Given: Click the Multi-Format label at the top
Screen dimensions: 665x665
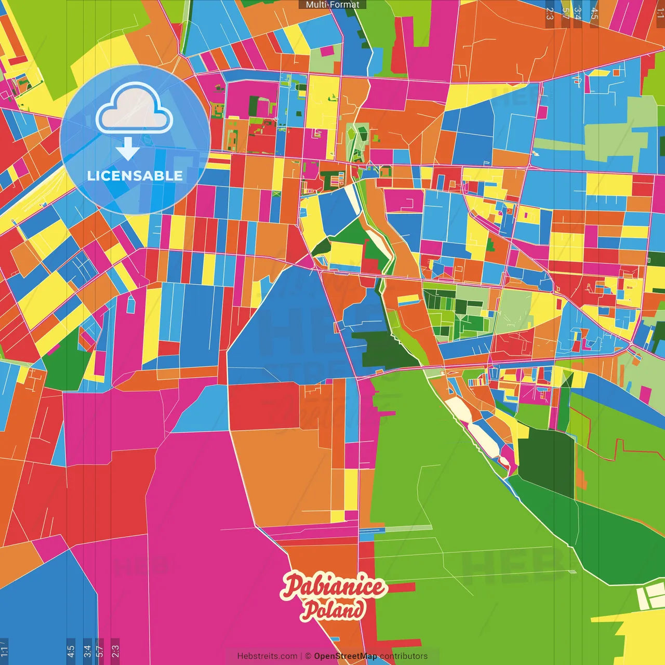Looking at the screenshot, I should [332, 5].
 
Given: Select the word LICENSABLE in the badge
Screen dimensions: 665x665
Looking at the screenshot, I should [135, 176].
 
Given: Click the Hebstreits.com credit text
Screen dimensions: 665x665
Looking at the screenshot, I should [267, 656].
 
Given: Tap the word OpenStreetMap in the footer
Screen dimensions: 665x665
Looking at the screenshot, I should [345, 656].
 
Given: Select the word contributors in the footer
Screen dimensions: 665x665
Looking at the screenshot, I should [404, 656].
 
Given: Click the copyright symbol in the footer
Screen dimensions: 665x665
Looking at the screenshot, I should [308, 656].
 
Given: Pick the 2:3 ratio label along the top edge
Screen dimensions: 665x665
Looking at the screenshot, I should [550, 14].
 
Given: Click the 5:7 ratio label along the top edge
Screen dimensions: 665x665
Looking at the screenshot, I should [565, 14].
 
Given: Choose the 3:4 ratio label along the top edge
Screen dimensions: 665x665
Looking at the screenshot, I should [578, 14].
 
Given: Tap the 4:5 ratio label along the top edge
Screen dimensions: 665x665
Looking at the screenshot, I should [594, 14].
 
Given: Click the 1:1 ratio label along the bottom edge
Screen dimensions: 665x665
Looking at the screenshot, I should [4, 651].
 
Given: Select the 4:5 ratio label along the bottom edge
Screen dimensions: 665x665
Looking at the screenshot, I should [71, 651].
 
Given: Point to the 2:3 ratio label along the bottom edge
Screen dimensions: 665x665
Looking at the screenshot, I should [115, 651].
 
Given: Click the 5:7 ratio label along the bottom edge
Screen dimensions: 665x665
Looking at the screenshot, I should [100, 651].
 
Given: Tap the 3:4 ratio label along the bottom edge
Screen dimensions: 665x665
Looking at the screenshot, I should [87, 651].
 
